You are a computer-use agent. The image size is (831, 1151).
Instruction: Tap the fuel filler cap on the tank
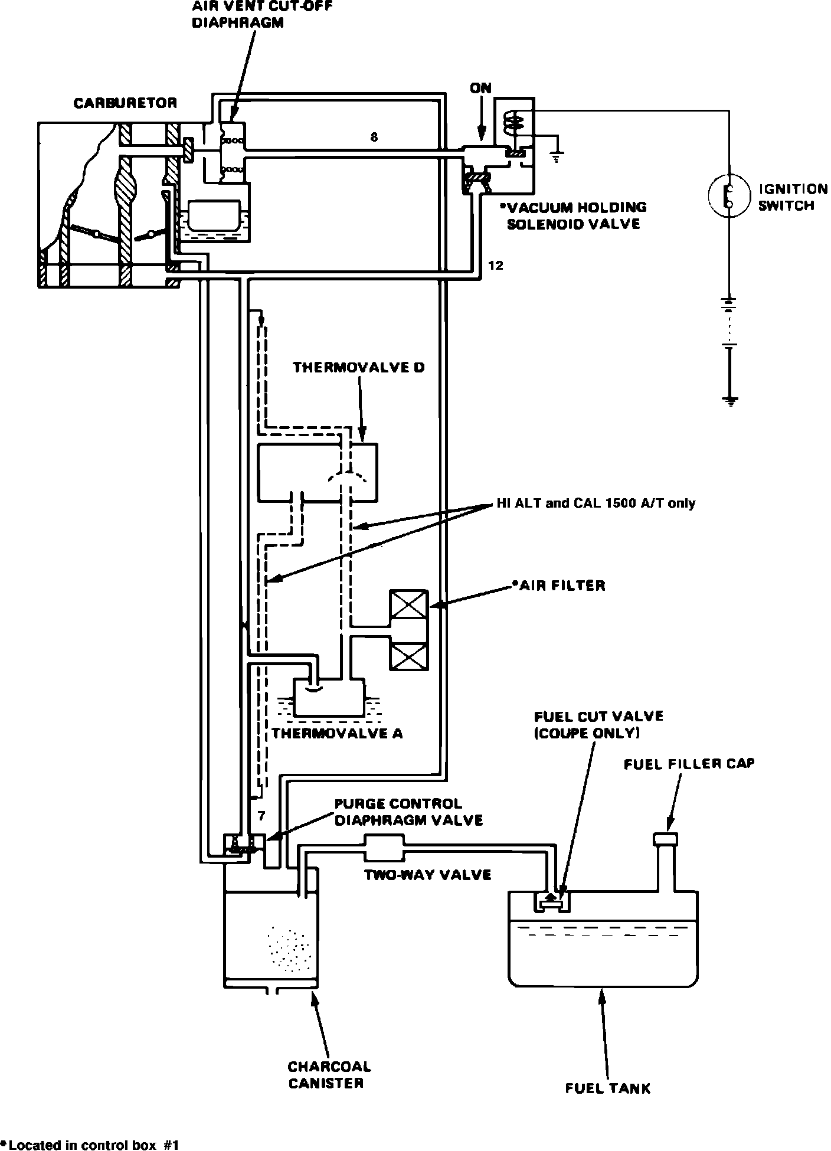(x=665, y=838)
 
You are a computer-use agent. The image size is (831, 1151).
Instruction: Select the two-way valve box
(x=384, y=848)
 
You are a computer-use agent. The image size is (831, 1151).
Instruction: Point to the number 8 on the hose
(x=374, y=138)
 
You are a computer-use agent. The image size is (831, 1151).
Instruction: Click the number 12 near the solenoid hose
(x=496, y=266)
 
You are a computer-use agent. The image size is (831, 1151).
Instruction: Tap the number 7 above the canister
(x=261, y=816)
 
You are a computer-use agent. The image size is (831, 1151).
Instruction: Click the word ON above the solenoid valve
(x=481, y=88)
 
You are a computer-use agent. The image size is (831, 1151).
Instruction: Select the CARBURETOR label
(x=125, y=103)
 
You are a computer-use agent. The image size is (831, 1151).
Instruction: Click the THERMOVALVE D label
(x=359, y=368)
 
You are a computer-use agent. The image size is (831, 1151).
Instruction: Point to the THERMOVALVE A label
(x=337, y=733)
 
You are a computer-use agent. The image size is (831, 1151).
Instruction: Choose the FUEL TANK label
(x=608, y=1088)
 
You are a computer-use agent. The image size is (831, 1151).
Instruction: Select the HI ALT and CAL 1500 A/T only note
(x=595, y=503)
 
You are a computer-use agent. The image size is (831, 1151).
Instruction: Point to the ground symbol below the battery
(x=731, y=401)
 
